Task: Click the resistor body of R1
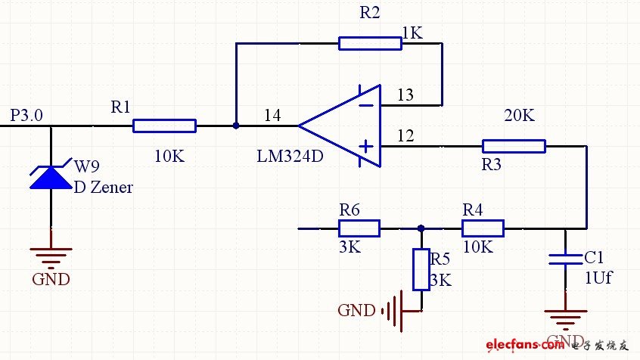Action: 164,126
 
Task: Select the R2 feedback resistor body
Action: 370,43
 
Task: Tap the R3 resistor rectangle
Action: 514,146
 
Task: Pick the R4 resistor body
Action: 483,228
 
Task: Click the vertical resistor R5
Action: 421,269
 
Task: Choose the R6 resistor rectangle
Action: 359,228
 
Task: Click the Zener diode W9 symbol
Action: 51,178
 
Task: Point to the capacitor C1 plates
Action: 565,259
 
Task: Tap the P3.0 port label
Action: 26,115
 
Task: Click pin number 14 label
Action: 273,116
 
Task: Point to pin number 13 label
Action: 405,95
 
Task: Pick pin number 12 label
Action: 405,136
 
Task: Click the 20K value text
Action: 519,116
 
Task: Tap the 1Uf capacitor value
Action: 598,277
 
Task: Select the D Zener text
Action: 103,187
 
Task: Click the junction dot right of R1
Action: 236,126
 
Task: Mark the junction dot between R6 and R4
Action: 421,228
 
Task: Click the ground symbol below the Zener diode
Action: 51,254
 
